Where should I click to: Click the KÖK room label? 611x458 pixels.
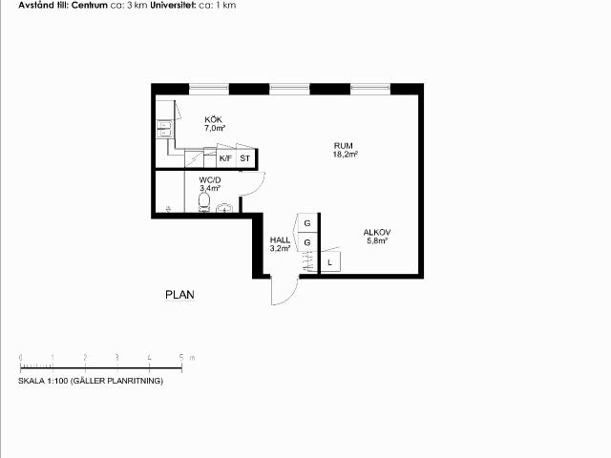pos(214,119)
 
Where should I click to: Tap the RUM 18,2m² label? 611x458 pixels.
pos(346,150)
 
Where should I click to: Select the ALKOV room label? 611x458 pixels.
pos(377,233)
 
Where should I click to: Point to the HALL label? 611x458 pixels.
pos(280,239)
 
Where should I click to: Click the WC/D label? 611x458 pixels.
pos(210,180)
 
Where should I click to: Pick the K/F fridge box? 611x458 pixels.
pos(226,158)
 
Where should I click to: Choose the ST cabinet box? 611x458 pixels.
pos(245,158)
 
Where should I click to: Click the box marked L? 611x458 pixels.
pos(330,261)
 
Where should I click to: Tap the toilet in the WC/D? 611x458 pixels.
pos(203,202)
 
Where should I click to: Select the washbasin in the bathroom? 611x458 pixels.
pos(224,208)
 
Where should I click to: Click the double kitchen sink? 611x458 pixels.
pos(164,129)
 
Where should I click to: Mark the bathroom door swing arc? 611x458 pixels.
pos(259,187)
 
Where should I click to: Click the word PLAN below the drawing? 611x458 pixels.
pos(179,295)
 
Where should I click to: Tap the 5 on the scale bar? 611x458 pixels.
pos(181,357)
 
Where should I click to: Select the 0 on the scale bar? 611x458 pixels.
pos(21,357)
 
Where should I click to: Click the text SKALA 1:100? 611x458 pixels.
pos(43,381)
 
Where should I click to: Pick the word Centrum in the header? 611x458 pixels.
pos(89,6)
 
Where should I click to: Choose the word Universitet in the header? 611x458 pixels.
pos(173,6)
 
